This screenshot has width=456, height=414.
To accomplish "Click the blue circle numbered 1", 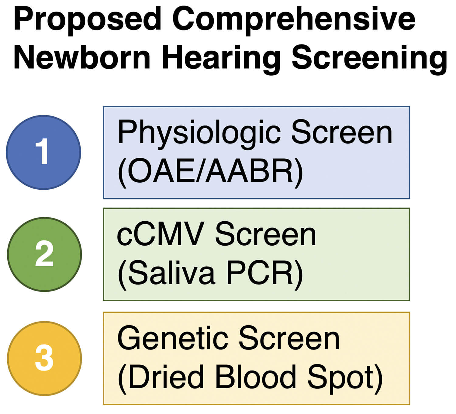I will coord(43,152).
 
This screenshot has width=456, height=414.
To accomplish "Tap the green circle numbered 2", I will coord(44,254).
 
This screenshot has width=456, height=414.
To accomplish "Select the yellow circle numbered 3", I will coord(44,358).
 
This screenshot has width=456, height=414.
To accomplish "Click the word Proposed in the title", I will coord(87,20).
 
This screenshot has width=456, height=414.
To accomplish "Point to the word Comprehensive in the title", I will coord(294,20).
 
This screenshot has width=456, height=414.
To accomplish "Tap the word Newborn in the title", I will coord(82,58).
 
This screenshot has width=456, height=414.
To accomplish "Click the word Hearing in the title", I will coord(221,58).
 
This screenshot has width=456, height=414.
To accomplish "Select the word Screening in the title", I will coord(369,58).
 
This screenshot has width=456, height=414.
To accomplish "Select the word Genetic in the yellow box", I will coord(173,338).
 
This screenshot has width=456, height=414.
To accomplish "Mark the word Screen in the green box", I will coord(266,235).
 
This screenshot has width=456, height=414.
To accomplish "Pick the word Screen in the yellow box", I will coord(289,338).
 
